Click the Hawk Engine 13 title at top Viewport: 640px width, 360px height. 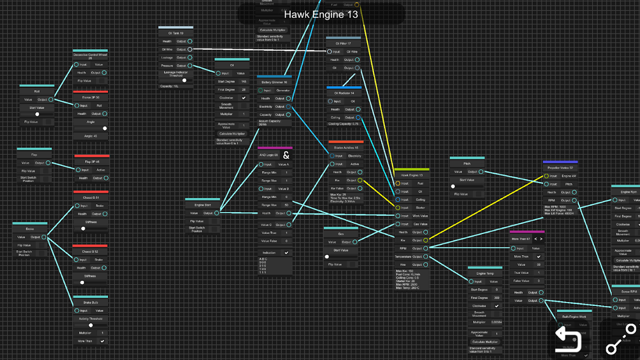[x=321, y=14]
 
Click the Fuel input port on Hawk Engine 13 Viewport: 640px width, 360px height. [x=398, y=184]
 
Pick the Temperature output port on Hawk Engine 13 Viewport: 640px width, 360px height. [x=426, y=256]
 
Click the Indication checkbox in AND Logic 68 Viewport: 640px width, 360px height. [x=286, y=253]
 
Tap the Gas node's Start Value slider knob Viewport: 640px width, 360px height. [x=327, y=257]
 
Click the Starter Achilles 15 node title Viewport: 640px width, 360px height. [x=346, y=148]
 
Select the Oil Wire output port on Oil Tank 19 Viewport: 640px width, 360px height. [x=189, y=49]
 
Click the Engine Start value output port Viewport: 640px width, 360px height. [x=216, y=213]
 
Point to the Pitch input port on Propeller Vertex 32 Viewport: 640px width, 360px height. [x=546, y=184]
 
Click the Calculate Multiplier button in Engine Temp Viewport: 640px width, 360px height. [x=484, y=342]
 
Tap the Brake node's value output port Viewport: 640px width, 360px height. [x=44, y=237]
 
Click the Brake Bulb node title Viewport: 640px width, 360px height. [x=90, y=302]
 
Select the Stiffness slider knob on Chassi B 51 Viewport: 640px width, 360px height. [x=83, y=229]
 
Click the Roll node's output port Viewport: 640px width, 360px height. [x=51, y=99]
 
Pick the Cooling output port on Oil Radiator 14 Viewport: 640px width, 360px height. [x=358, y=117]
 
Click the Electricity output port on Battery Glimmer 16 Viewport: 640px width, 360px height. [x=288, y=107]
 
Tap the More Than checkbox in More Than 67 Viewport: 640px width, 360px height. [x=538, y=256]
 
